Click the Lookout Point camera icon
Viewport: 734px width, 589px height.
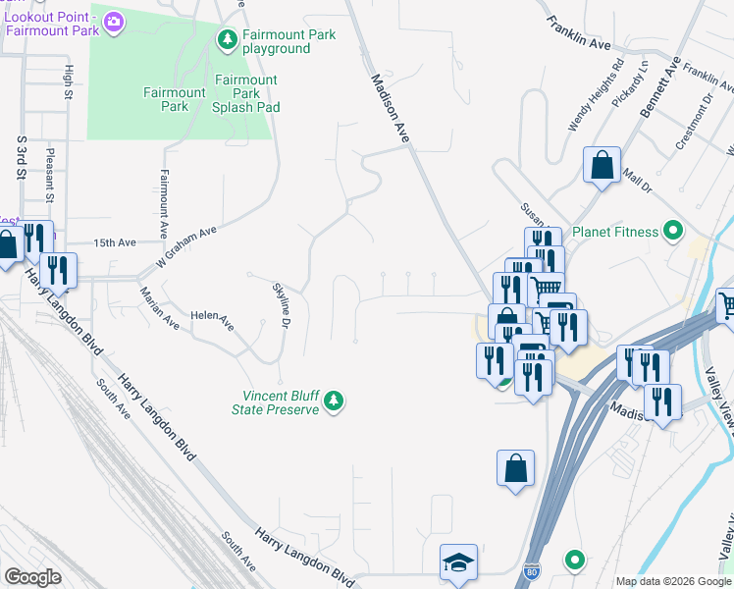114,21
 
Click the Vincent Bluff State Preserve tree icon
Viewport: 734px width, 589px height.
335,400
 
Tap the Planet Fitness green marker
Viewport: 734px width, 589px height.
673,232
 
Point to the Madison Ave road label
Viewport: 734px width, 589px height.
389,108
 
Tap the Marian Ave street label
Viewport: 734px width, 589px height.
160,308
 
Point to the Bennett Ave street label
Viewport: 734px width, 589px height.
658,87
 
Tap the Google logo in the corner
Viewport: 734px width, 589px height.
32,577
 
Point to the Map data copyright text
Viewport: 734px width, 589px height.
673,581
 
